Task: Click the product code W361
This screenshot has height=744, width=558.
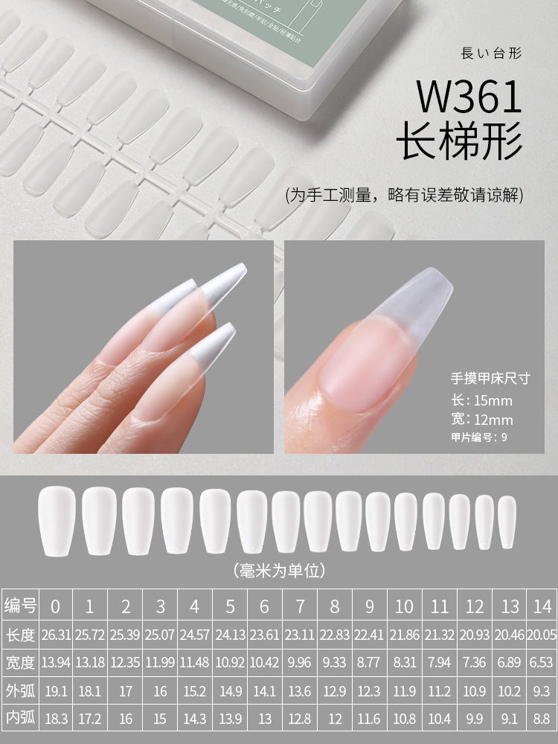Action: click(x=469, y=97)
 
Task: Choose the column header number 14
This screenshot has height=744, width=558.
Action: click(x=541, y=606)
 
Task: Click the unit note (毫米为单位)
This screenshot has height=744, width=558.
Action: click(x=279, y=571)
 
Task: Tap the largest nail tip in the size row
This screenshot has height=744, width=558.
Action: click(x=57, y=520)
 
